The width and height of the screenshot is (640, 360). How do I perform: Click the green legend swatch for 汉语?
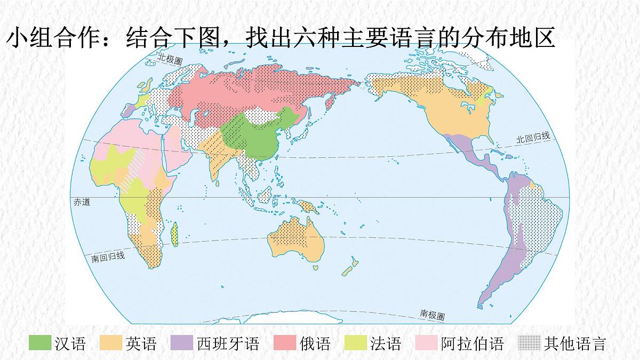40,343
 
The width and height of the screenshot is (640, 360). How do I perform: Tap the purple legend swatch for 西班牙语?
182,343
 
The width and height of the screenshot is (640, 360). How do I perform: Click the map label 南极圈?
432,315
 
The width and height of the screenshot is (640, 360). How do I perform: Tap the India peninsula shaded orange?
219,160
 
